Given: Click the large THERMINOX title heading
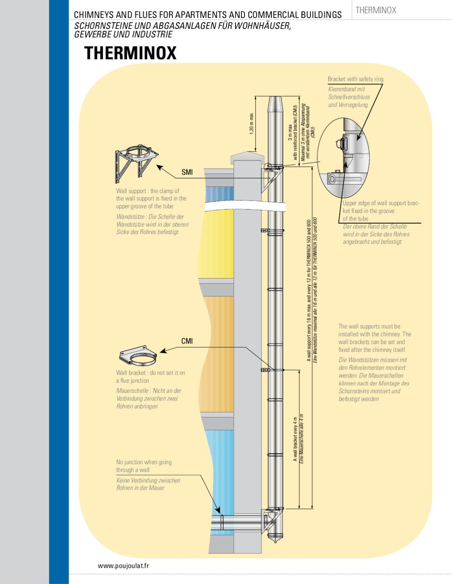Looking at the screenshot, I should coord(130,53).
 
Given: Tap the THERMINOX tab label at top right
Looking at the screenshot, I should coord(376,11).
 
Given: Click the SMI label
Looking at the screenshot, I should coord(187,172).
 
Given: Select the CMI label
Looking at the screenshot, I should coord(187,341).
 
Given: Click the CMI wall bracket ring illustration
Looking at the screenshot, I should coord(138,355).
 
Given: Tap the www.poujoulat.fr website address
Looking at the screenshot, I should coord(123,566).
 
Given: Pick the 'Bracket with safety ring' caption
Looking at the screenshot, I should coord(355,79).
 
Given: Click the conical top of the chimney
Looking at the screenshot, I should coord(275,104).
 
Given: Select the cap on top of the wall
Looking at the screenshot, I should coord(248,158).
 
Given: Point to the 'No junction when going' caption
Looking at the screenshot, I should coord(144,462).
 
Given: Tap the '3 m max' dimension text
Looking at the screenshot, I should coord(290,132).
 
